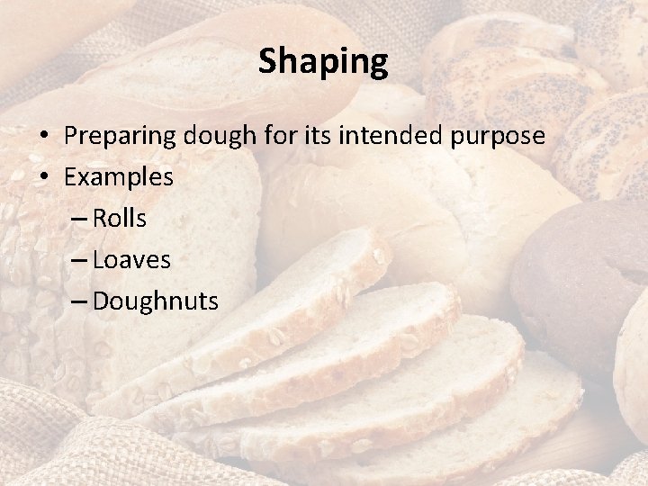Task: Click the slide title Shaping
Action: tap(323, 62)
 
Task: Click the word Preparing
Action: tap(121, 137)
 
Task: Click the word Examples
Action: tap(119, 177)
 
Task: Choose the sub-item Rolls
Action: tap(120, 218)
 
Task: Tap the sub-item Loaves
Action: tap(132, 259)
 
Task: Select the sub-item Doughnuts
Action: tap(155, 301)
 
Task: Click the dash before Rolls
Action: tap(77, 219)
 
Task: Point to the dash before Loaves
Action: tap(77, 260)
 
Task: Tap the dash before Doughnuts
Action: tap(77, 301)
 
